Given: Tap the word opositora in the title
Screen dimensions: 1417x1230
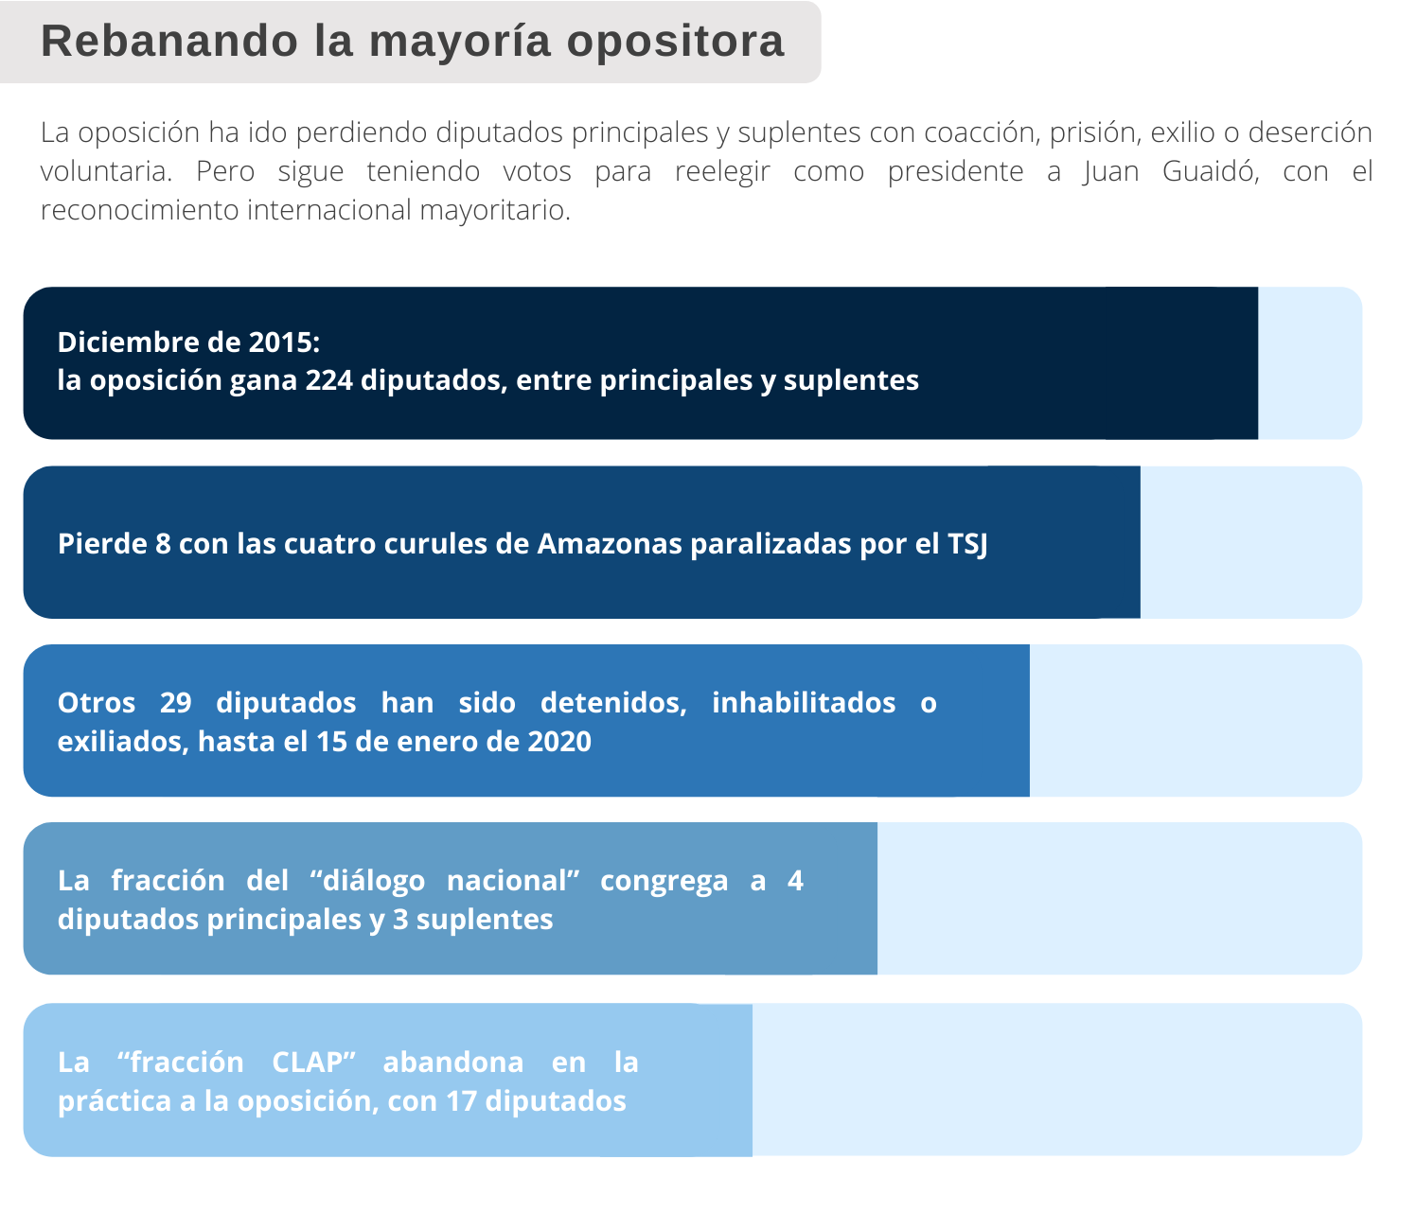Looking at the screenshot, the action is coord(675,43).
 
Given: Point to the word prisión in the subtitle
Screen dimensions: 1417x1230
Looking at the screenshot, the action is coord(1095,132).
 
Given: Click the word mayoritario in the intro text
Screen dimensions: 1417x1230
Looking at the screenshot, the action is coord(494,210).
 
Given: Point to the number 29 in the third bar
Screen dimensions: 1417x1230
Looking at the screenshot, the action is coord(175,703).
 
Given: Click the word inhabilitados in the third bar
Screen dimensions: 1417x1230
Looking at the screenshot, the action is coord(804,703).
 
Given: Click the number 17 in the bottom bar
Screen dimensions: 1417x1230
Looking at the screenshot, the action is coord(461,1101).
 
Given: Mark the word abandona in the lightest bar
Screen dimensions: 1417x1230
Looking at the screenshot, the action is coord(453,1063).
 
